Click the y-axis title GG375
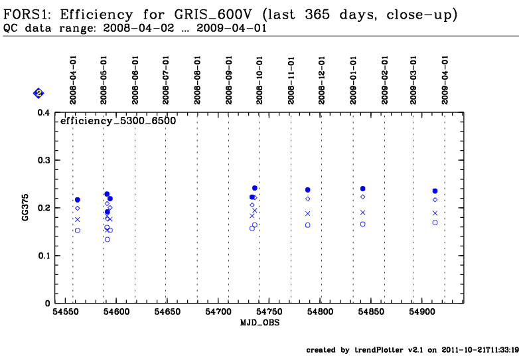[25, 208]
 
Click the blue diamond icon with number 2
[38, 94]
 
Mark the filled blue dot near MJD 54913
[435, 191]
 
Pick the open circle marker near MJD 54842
[363, 224]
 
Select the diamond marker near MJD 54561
[77, 208]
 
